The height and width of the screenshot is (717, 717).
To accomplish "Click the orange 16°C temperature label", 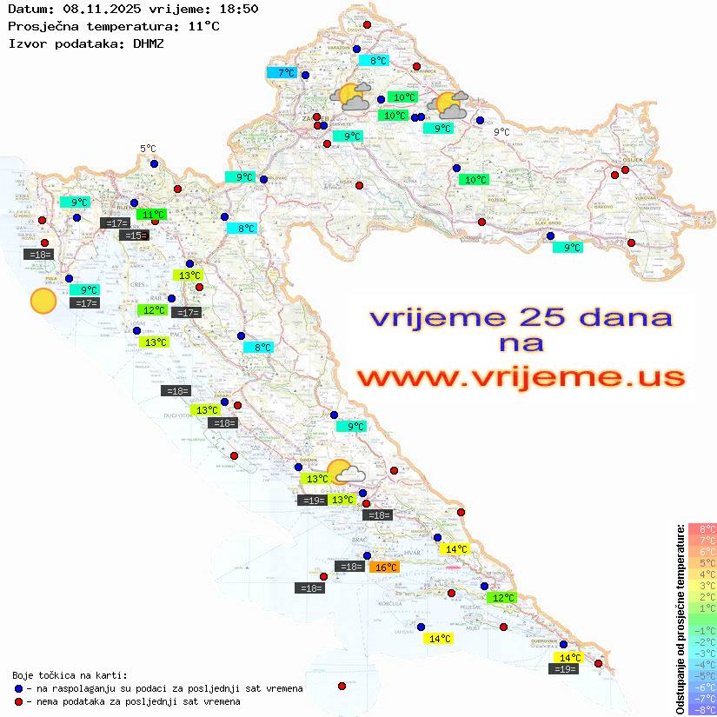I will point(385,568).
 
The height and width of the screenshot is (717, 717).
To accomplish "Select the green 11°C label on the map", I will point(152,214).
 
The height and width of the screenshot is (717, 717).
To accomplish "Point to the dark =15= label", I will point(134,236).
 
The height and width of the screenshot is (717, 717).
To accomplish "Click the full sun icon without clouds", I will point(43,302).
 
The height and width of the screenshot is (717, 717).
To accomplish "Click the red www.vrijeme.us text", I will point(521,378).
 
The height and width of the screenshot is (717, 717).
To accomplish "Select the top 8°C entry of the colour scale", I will point(702,528).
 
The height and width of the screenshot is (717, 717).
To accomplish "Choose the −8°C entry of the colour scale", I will point(702,709).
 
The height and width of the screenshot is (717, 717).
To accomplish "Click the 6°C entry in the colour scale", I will point(702,551).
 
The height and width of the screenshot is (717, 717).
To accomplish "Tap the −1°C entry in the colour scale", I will point(702,630).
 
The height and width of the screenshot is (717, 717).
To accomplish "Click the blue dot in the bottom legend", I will point(18,688).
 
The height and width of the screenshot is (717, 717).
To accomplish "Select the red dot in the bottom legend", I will point(18,701).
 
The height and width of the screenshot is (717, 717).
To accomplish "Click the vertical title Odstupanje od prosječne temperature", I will point(680,619).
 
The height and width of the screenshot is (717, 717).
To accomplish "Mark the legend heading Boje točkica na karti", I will point(70,675).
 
